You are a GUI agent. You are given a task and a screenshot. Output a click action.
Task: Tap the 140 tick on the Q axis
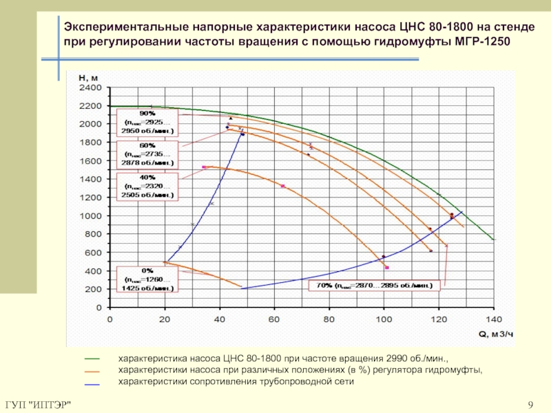point(493,319)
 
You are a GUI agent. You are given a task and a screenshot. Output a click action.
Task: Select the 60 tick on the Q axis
point(274,319)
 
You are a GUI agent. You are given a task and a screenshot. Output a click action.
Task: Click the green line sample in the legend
point(93,359)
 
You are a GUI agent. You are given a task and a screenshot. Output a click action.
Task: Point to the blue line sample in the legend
point(93,383)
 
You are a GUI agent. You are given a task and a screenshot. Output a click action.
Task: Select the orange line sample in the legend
point(93,371)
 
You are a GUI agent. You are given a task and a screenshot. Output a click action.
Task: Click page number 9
point(530,403)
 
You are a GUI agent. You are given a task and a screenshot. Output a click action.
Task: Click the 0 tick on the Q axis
point(110,319)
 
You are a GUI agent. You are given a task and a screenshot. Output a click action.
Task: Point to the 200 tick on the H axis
point(93,289)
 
